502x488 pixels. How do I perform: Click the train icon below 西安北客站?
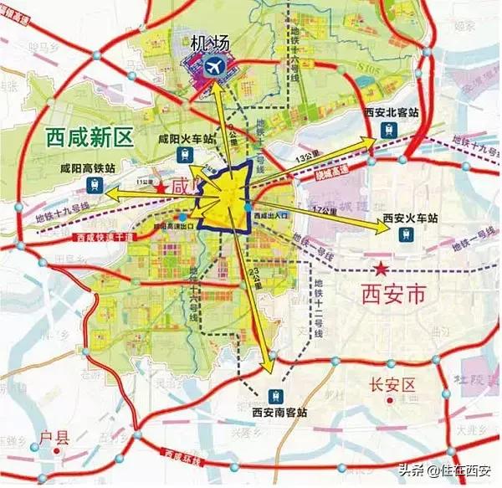[390, 130]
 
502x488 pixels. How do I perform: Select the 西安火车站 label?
[412, 218]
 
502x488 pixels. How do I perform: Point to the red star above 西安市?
[381, 269]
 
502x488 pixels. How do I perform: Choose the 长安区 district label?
[392, 385]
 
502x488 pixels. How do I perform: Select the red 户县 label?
[53, 436]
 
